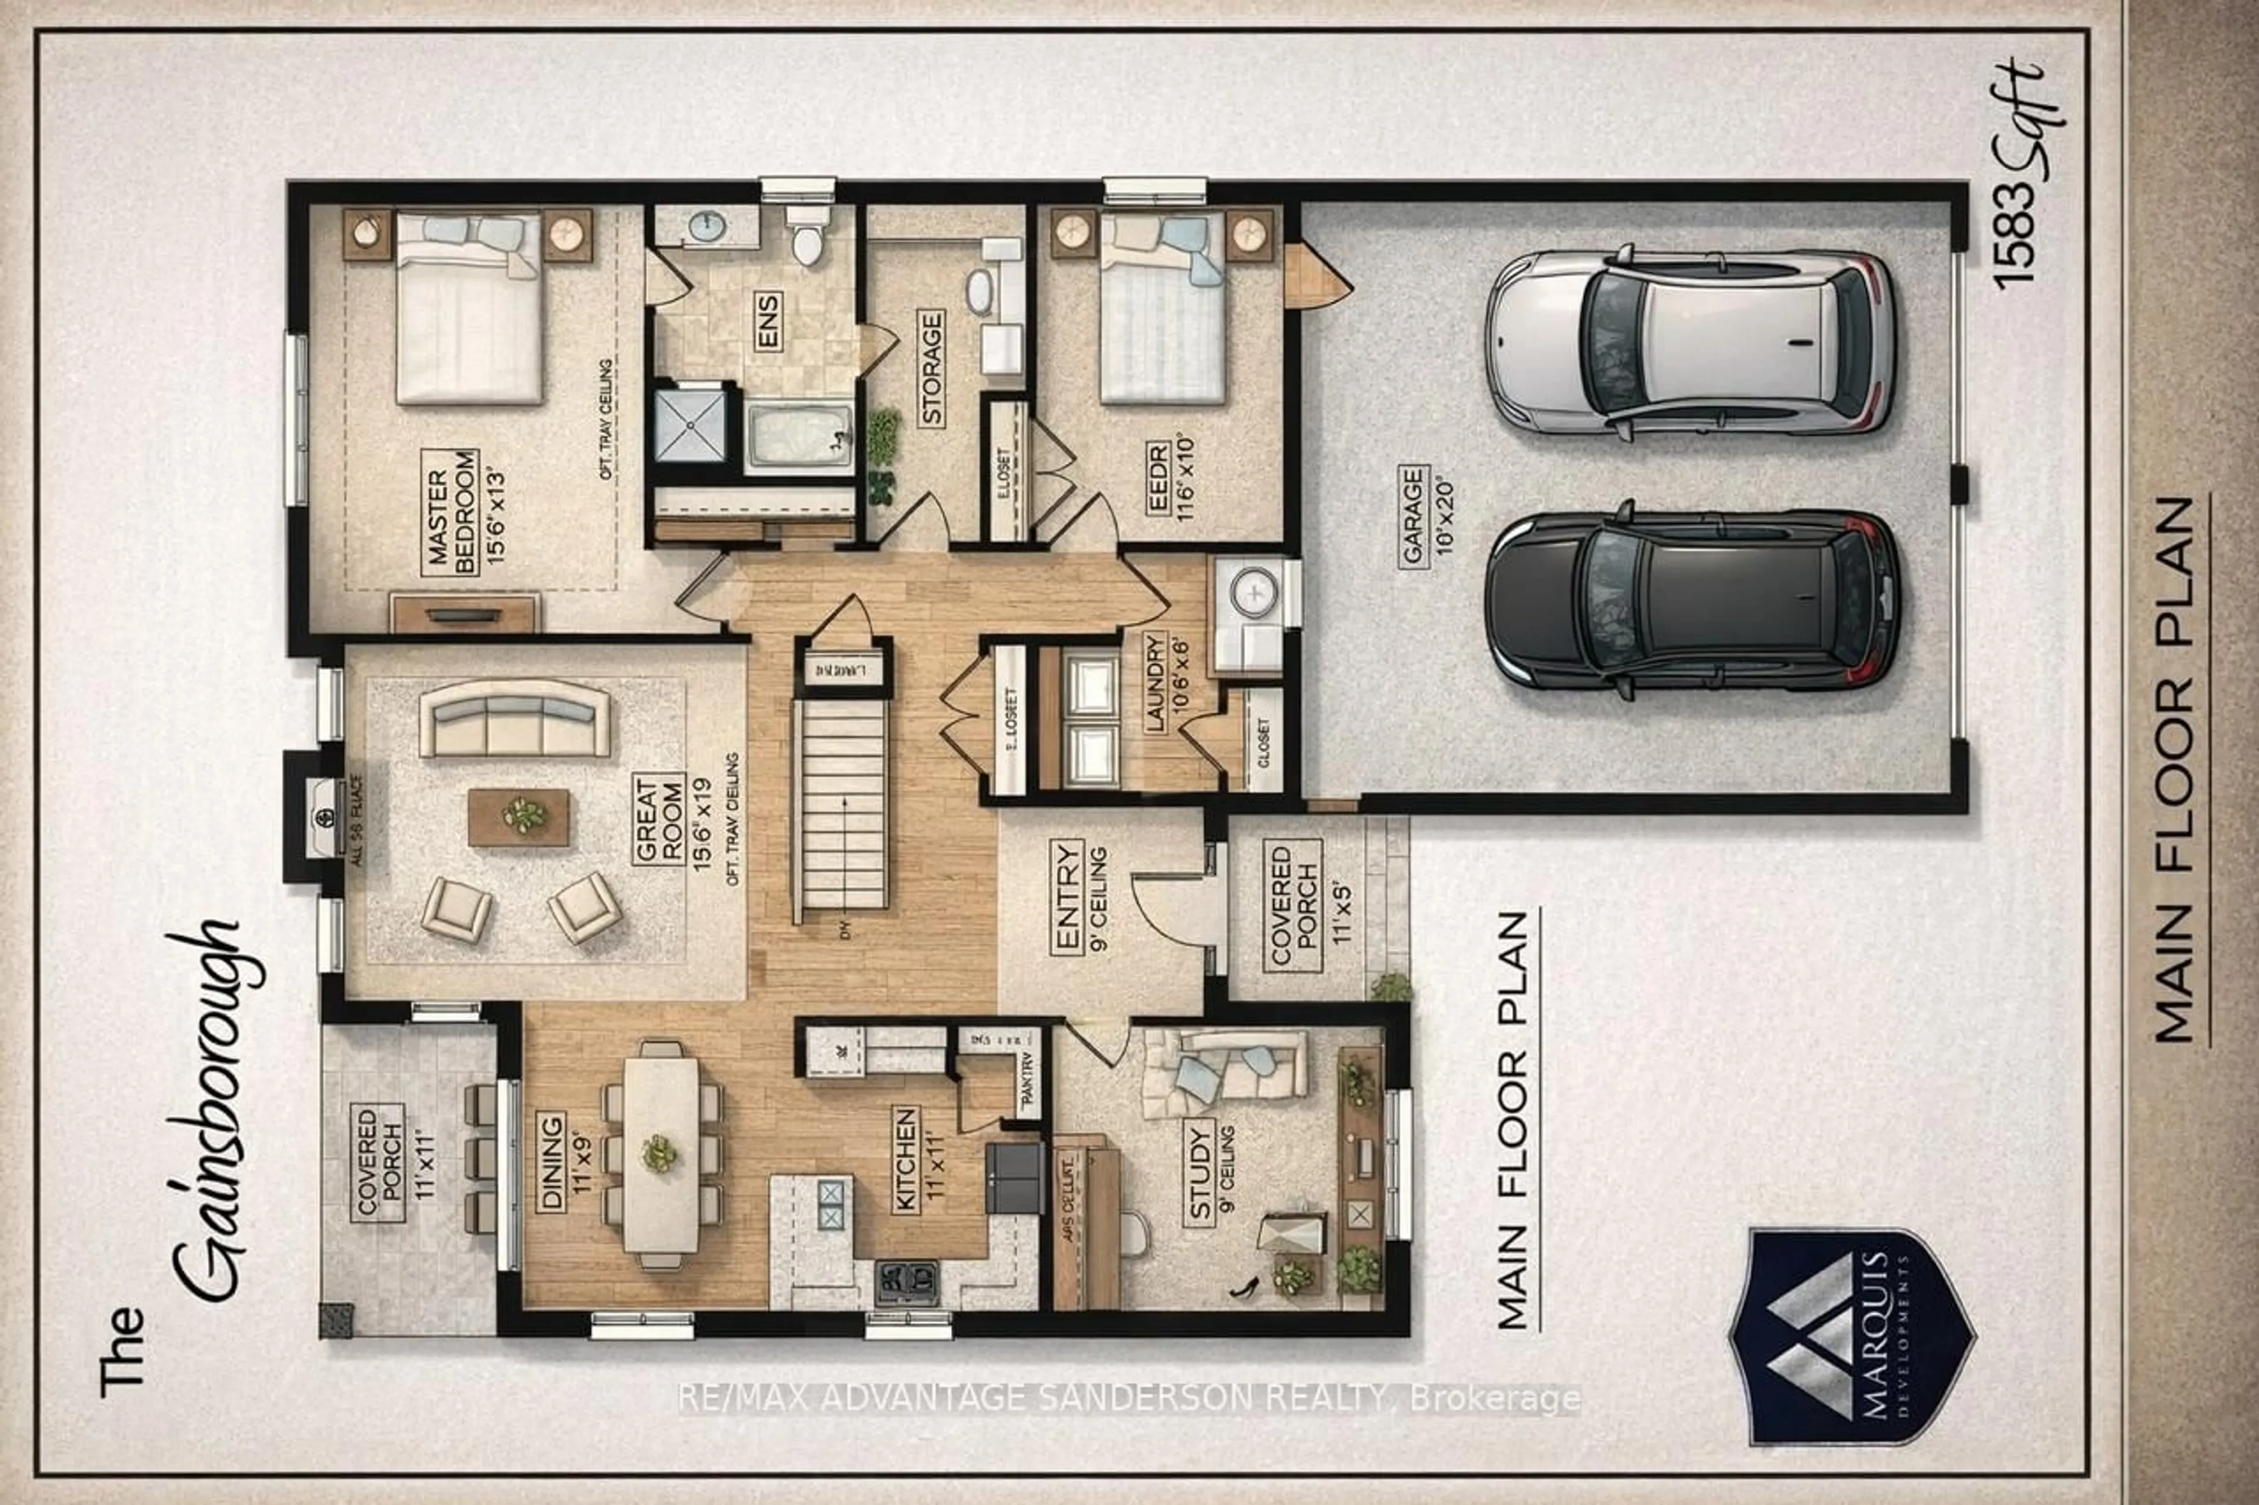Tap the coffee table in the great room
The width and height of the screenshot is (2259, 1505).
pos(518,817)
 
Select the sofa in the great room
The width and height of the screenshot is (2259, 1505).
pos(515,720)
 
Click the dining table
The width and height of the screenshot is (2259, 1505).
pos(661,1152)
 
